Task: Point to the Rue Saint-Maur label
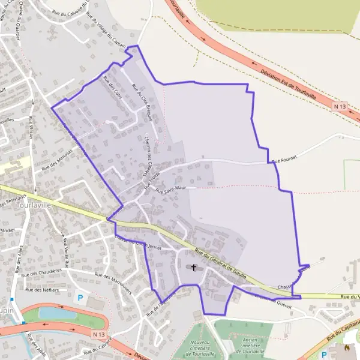pyautogui.click(x=170, y=190)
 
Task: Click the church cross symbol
pyautogui.click(x=193, y=267)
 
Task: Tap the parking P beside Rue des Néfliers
pyautogui.click(x=79, y=297)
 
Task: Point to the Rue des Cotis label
pyautogui.click(x=112, y=88)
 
